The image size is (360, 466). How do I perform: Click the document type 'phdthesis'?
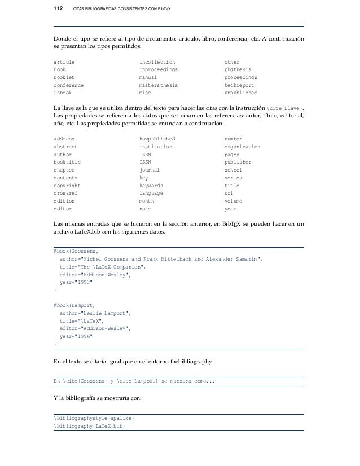(236, 69)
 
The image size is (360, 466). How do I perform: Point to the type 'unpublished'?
(240, 93)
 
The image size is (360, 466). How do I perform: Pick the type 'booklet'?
(63, 77)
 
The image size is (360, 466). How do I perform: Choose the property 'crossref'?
(64, 193)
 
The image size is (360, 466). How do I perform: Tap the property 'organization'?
(242, 146)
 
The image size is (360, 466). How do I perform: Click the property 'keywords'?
(151, 185)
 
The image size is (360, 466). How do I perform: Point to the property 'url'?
(229, 193)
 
